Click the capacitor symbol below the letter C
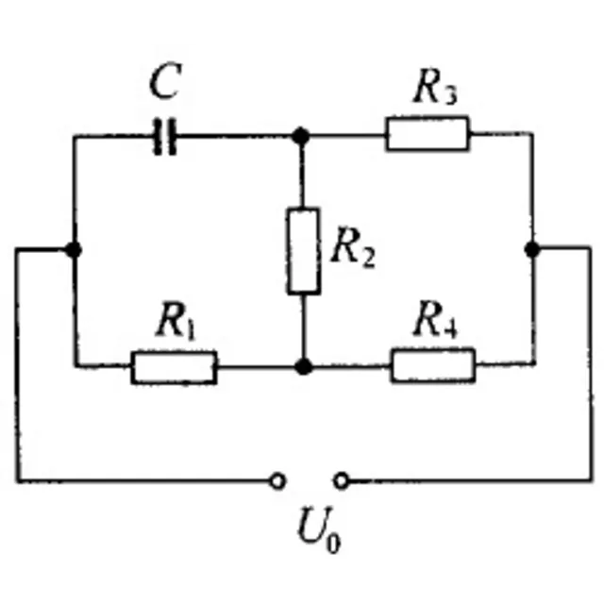point(165,136)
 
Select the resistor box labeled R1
point(174,367)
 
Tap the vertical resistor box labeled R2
point(304,251)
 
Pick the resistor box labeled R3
point(428,133)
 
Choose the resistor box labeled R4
point(433,365)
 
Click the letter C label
point(165,81)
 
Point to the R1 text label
point(176,321)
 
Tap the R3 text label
point(435,88)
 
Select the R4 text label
point(435,319)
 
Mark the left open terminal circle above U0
point(277,480)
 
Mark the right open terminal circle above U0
point(342,480)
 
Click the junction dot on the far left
point(74,249)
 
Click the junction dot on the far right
point(532,249)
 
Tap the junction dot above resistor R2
point(300,136)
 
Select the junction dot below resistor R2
point(304,366)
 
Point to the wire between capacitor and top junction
point(234,136)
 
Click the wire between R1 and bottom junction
point(256,367)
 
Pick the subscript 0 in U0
point(333,543)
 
